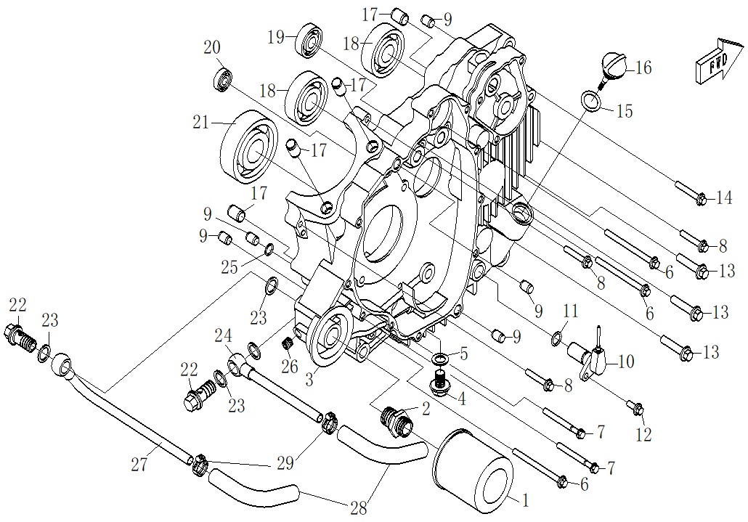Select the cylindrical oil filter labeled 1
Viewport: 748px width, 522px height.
(x=473, y=468)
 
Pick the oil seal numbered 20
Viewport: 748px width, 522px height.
(x=222, y=78)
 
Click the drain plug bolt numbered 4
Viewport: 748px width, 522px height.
(x=439, y=383)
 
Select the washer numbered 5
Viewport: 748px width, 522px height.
(x=440, y=359)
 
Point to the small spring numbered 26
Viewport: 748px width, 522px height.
(x=288, y=342)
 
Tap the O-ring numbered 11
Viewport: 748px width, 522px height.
(x=556, y=338)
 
